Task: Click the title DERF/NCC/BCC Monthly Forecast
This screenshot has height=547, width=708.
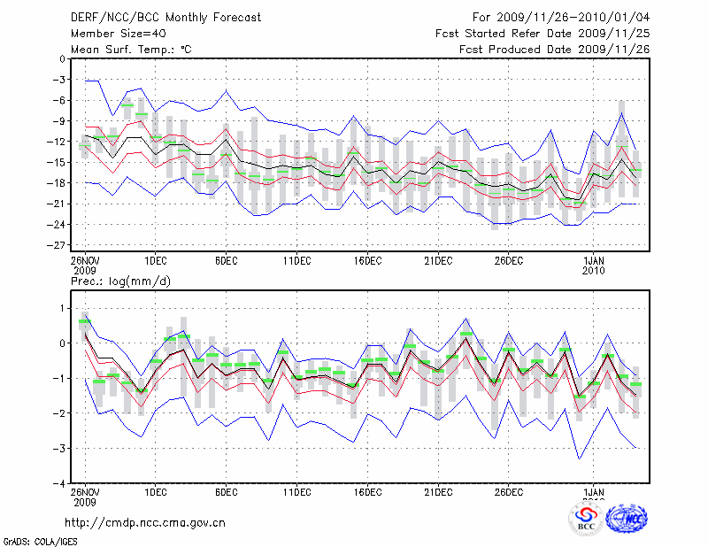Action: [x=165, y=17]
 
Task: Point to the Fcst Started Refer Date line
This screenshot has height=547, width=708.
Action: [x=543, y=33]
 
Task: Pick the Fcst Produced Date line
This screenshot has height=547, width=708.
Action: [x=555, y=49]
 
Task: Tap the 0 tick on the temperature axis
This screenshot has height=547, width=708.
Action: [x=62, y=59]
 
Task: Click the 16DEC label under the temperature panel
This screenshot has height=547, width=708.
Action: [x=367, y=261]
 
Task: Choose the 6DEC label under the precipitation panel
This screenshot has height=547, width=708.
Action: [x=226, y=492]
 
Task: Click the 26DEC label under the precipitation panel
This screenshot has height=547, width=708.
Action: [x=509, y=492]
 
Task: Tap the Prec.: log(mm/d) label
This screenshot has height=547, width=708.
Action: [x=120, y=281]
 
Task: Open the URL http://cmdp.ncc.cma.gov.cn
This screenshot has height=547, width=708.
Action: [x=146, y=522]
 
